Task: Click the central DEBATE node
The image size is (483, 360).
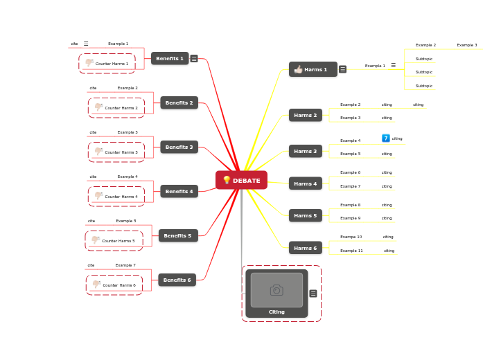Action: [x=241, y=180]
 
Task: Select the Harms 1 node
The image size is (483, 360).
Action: [x=313, y=69]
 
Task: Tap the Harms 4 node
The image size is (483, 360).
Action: [x=305, y=183]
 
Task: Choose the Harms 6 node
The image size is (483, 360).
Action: [x=305, y=248]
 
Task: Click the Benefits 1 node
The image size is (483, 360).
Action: [x=170, y=59]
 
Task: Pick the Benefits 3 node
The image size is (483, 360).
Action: [x=179, y=147]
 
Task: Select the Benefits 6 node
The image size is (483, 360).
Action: [x=177, y=280]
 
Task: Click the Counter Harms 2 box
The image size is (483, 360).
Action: [x=116, y=108]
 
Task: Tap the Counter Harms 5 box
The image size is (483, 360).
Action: [x=114, y=241]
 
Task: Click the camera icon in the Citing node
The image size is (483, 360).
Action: [x=276, y=290]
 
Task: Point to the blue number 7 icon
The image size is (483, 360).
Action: [x=386, y=138]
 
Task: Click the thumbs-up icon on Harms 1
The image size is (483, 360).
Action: [x=298, y=69]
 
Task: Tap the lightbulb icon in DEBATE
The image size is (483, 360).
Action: [x=227, y=180]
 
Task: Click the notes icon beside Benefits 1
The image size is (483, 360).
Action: [x=194, y=59]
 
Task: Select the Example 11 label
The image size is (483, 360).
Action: [x=351, y=251]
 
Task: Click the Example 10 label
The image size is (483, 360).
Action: [x=351, y=237]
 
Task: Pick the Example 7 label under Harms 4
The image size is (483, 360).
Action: [x=350, y=186]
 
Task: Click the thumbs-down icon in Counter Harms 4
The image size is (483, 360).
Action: [x=98, y=196]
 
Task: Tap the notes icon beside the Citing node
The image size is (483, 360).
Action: [x=313, y=294]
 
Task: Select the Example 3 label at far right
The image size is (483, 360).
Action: [x=466, y=45]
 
